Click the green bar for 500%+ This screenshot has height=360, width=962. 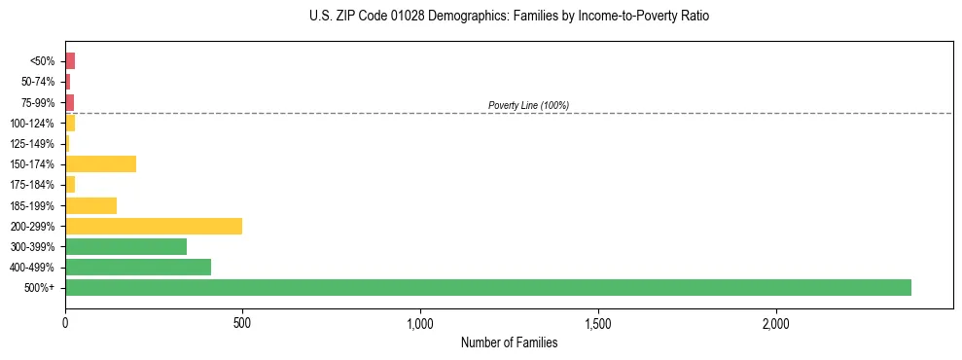pyautogui.click(x=487, y=287)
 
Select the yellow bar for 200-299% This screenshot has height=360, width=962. pyautogui.click(x=154, y=226)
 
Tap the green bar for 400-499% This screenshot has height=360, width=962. pyautogui.click(x=138, y=267)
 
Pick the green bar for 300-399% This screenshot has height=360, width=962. pyautogui.click(x=125, y=246)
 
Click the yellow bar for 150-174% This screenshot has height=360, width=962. pyautogui.click(x=100, y=163)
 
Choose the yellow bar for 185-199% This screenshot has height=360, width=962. pyautogui.click(x=90, y=205)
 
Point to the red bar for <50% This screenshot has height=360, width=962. pyautogui.click(x=70, y=60)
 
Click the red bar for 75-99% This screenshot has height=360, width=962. pyautogui.click(x=69, y=102)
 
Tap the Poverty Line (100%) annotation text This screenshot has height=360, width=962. pyautogui.click(x=528, y=105)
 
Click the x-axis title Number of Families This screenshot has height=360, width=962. pyautogui.click(x=509, y=342)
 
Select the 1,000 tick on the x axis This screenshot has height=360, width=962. pyautogui.click(x=420, y=322)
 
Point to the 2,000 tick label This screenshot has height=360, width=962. pyautogui.click(x=776, y=322)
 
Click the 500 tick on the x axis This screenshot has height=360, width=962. pyautogui.click(x=242, y=322)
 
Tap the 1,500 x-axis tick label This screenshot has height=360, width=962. pyautogui.click(x=598, y=322)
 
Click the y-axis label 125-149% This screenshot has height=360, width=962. pyautogui.click(x=32, y=144)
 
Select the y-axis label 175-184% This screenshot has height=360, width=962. pyautogui.click(x=32, y=185)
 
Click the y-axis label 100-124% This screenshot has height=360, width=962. pyautogui.click(x=32, y=123)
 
